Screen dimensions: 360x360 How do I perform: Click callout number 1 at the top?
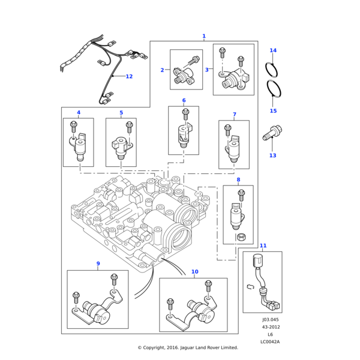[204, 37]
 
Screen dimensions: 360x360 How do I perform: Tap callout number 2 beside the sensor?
[162, 70]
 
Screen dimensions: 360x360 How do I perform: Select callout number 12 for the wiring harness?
[129, 76]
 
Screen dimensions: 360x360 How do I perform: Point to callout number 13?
[272, 155]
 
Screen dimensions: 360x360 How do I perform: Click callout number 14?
[273, 50]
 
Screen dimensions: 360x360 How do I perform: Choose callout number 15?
[273, 111]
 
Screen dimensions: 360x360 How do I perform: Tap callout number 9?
[98, 264]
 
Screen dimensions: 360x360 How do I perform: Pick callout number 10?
[194, 272]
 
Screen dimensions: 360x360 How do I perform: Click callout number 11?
[263, 245]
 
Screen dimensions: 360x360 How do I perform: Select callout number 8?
[238, 179]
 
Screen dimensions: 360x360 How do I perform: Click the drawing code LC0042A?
[270, 342]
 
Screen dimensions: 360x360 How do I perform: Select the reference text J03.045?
[271, 320]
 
